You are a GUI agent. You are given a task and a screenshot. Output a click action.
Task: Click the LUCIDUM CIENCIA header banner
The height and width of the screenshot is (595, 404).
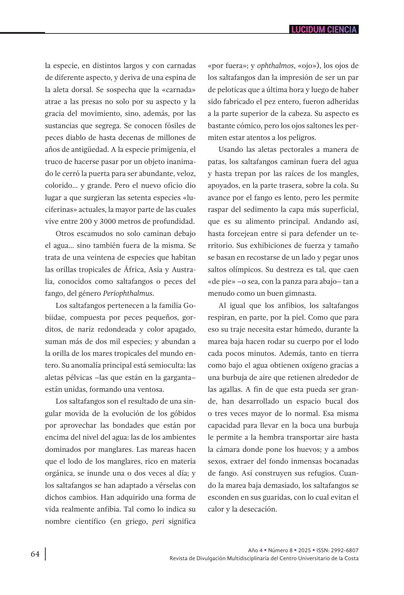[x=324, y=29]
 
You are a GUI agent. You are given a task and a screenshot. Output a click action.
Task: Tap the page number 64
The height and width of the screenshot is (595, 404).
[x=35, y=554]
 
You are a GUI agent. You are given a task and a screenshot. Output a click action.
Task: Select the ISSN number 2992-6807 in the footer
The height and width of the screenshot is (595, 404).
[x=346, y=550]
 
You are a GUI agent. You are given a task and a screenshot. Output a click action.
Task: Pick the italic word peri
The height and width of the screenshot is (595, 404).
[x=158, y=521]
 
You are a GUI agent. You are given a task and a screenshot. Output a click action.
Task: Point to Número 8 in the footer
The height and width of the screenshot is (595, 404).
[x=280, y=550]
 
